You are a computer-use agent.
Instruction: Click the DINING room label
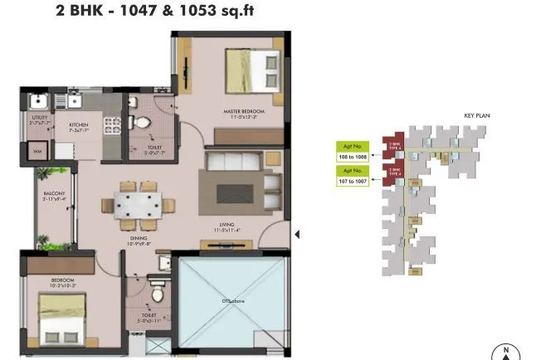point(137,238)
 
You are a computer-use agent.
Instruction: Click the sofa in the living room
point(237,178)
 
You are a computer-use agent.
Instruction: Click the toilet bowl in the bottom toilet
point(156,294)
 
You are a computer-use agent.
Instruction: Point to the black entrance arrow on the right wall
point(297,235)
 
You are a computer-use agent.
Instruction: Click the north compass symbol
point(505,352)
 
